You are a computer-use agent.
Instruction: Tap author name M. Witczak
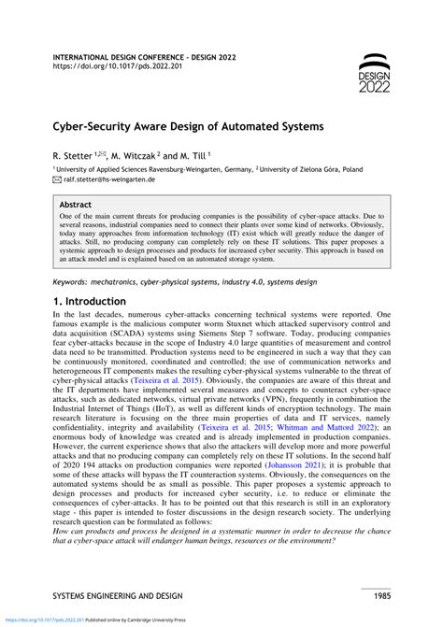[136, 151]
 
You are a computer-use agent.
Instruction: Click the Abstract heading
[75, 203]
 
